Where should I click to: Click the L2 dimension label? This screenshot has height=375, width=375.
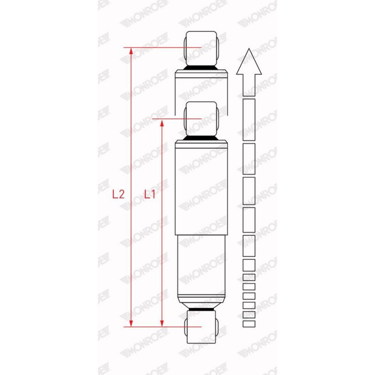118,194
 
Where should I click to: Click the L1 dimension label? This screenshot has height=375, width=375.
150,194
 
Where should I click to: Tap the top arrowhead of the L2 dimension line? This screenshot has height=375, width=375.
131,51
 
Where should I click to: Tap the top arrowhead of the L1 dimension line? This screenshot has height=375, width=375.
162,123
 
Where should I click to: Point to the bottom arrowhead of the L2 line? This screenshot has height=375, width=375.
131,323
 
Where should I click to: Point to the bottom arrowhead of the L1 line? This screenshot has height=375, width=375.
162,323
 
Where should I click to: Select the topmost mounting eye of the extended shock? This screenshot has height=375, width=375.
201,48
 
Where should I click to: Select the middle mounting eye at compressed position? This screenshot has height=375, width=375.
201,119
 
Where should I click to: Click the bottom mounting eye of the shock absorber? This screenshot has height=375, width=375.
201,327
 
